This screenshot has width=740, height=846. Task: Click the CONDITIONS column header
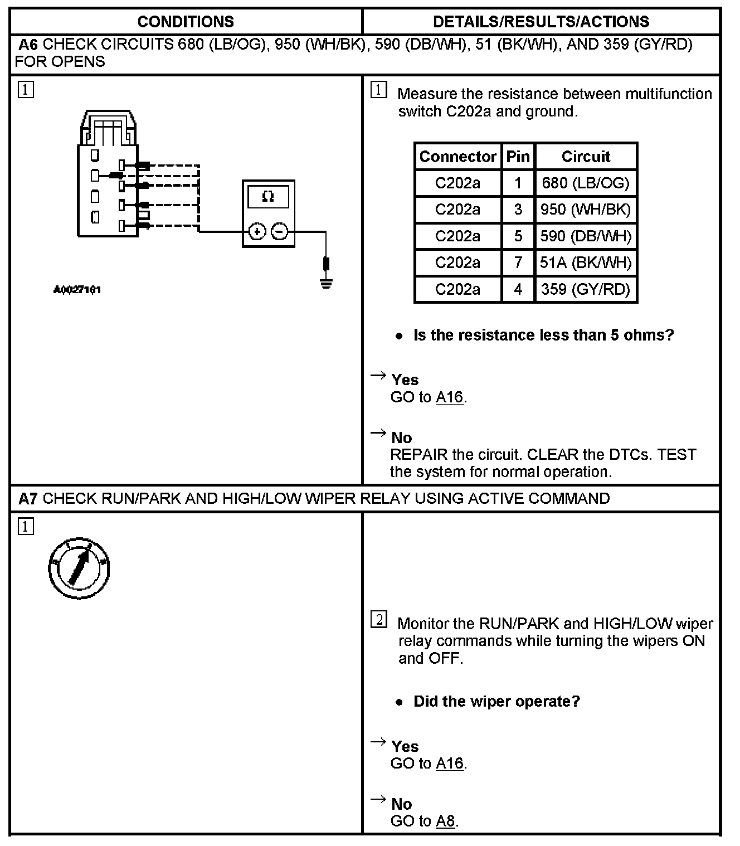point(186,22)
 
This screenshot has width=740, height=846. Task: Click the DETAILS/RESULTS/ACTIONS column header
point(541,22)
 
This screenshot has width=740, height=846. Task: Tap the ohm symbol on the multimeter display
point(268,197)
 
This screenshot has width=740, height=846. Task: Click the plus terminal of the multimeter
point(257,231)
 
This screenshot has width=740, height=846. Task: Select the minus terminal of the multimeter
point(280,231)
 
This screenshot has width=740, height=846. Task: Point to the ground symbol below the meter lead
point(326,283)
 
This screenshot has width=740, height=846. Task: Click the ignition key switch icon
point(79,568)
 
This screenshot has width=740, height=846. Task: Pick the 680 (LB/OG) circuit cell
point(585,183)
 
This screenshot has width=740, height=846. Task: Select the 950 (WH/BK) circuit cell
point(585,210)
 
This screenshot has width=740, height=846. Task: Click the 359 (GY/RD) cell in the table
point(585,289)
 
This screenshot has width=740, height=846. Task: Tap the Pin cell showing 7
point(518,262)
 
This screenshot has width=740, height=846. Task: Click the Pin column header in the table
point(518,157)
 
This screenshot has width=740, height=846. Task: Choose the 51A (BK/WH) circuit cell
point(585,262)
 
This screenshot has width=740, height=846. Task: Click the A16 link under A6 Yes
point(450,397)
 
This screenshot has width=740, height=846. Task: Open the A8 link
point(446,821)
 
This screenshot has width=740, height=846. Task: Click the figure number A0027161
point(77,290)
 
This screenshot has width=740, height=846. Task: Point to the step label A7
point(28,498)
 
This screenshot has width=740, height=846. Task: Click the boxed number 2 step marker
point(378,620)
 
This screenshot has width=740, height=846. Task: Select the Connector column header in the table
point(457,157)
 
